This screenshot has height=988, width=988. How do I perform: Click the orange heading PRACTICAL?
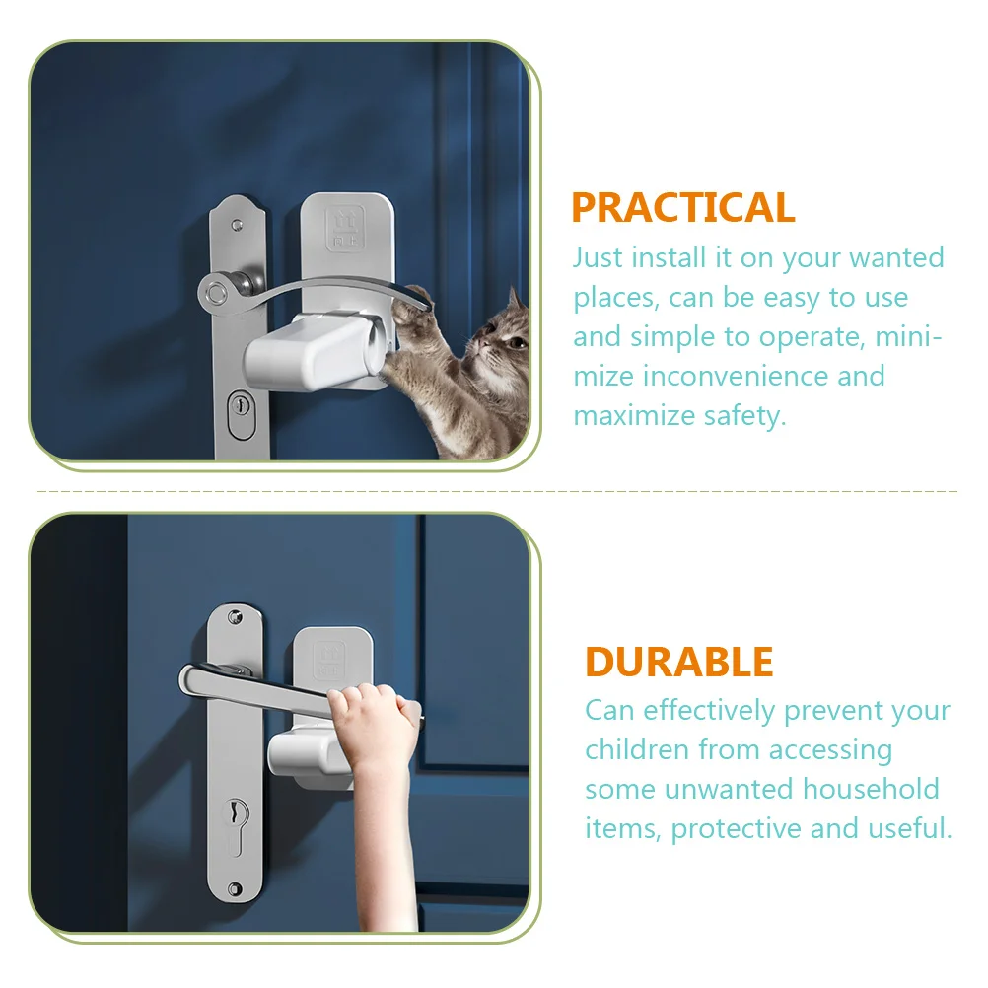point(682,208)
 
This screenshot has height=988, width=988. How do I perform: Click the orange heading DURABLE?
point(678,662)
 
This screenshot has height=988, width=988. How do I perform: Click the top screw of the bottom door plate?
point(236,617)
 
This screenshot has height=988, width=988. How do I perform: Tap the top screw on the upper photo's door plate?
point(237,225)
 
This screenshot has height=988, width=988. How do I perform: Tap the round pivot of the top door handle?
point(213,291)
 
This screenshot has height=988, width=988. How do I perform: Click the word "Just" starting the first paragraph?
point(598,258)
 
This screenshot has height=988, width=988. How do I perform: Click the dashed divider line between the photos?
point(493,490)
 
